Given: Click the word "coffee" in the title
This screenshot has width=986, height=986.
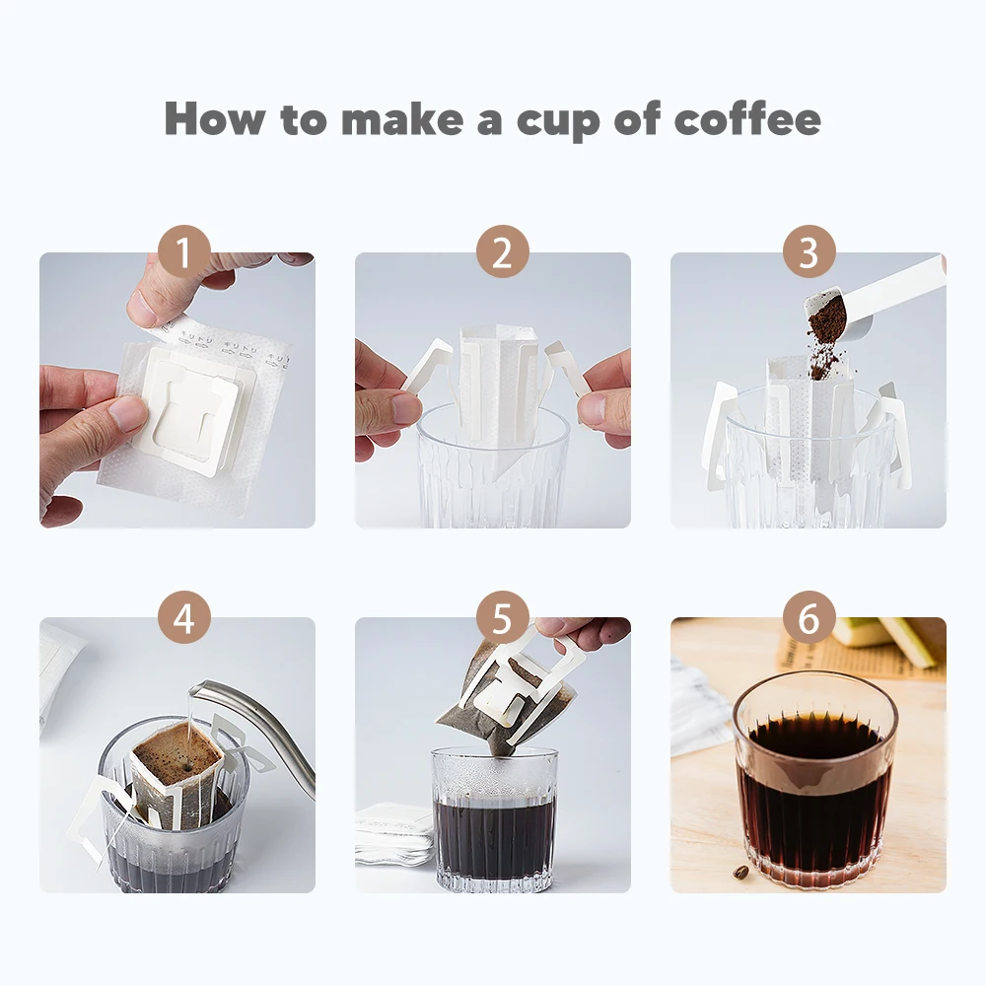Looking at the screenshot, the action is [747, 119].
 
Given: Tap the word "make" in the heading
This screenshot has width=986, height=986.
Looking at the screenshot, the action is [402, 119].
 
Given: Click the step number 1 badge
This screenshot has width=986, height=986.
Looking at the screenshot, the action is [183, 251].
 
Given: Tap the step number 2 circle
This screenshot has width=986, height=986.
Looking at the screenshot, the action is [503, 251].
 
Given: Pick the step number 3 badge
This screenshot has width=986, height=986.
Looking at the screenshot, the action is [810, 251].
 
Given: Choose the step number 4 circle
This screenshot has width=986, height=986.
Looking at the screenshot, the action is [183, 617].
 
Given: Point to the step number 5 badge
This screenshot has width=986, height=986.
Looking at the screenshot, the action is [503, 617].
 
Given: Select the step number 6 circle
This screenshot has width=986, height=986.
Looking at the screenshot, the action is [810, 617].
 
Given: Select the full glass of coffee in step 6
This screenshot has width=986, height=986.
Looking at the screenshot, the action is [814, 781].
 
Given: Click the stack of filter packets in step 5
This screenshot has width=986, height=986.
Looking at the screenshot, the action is [393, 832].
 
